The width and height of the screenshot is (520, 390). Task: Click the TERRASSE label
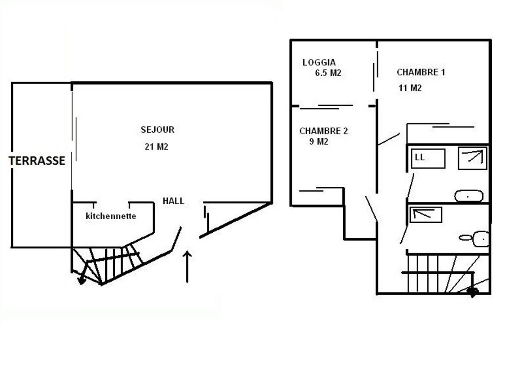tap(37, 161)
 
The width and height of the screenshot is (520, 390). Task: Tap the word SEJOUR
tap(157, 130)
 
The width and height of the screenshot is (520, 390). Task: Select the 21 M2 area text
tap(156, 147)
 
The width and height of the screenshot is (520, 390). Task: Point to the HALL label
tap(173, 201)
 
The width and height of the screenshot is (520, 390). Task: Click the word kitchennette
tap(111, 216)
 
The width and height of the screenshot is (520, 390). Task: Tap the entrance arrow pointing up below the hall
tap(187, 266)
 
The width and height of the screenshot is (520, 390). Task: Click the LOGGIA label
tap(319, 62)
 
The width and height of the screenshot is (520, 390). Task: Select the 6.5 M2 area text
tap(328, 73)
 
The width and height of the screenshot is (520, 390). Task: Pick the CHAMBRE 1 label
tap(421, 72)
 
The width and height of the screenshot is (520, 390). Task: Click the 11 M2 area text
tap(410, 88)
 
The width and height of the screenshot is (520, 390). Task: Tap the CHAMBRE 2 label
tap(323, 131)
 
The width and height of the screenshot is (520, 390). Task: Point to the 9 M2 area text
tap(318, 142)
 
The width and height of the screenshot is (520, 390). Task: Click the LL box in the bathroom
tap(428, 158)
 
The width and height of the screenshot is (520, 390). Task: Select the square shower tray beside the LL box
tap(473, 158)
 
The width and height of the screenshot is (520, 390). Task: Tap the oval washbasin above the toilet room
tap(468, 196)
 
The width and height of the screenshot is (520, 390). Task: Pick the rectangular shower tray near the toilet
tap(426, 214)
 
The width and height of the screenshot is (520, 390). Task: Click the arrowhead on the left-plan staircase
tap(81, 280)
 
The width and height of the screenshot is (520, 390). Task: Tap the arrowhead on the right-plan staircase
tap(472, 292)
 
